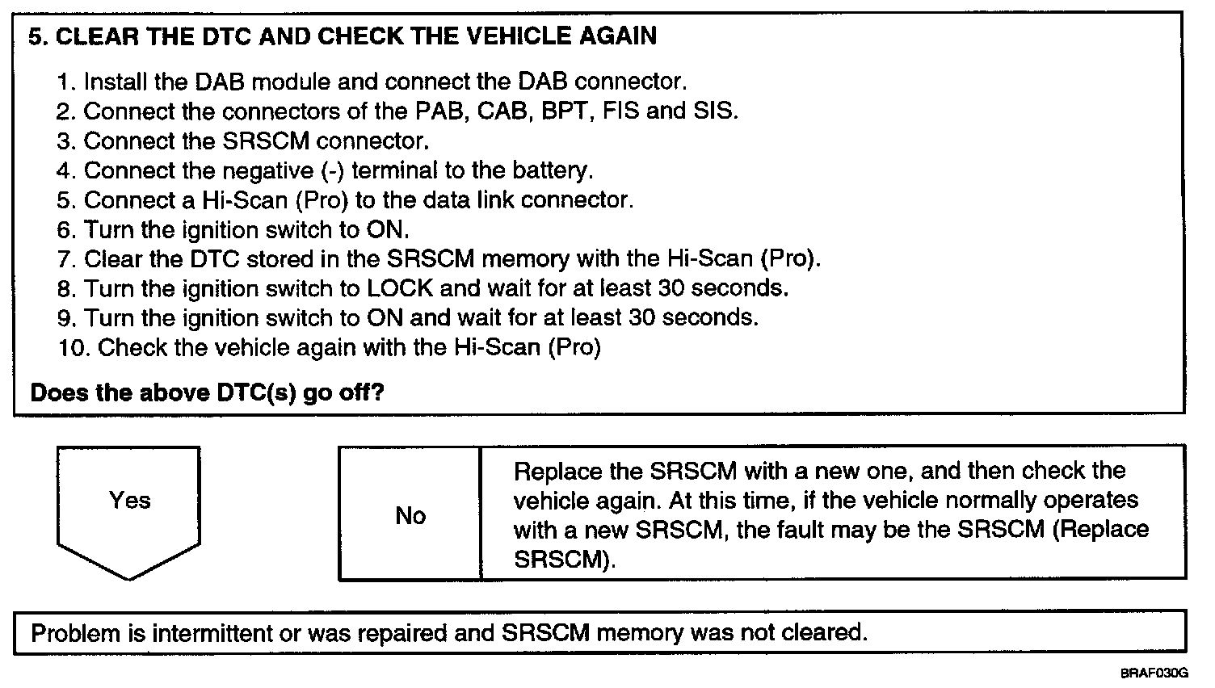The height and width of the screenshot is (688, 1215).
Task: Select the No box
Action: (410, 515)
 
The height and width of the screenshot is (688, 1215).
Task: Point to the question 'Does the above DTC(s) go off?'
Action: (207, 393)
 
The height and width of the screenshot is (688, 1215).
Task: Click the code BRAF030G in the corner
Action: (1154, 673)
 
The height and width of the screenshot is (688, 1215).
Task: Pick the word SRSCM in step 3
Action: (265, 141)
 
